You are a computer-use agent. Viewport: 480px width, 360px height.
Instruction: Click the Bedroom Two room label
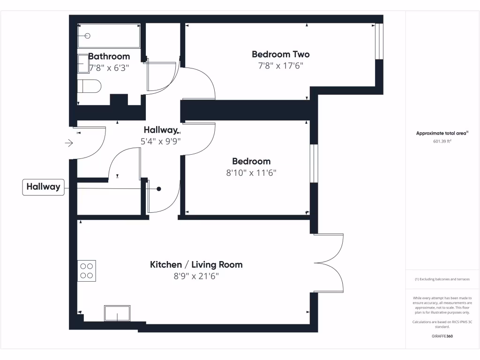point(280,54)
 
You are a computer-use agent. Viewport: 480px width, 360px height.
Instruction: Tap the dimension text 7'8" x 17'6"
point(280,66)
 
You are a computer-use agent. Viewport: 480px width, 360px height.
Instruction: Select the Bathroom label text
point(109,56)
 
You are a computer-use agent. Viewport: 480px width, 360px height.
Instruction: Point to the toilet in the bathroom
point(90,86)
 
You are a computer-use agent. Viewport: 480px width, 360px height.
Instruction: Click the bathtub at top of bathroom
point(109,36)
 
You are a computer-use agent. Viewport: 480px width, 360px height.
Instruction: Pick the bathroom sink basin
point(83,63)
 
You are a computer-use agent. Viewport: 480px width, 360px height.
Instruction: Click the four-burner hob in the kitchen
point(87,271)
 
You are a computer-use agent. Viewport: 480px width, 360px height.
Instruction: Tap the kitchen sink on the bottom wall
point(117,313)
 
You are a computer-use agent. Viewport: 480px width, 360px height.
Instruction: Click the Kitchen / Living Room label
point(196,265)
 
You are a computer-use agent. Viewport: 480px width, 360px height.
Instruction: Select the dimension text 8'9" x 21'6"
point(196,277)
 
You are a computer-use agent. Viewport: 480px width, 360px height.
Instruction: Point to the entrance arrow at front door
point(69,143)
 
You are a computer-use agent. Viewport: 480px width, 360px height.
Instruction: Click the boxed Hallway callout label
point(43,187)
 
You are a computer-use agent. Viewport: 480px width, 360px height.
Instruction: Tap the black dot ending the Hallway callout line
point(159,189)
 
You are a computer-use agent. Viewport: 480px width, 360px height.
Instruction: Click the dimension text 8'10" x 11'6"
point(251,173)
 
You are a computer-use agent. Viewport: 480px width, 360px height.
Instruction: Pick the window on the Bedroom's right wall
point(314,164)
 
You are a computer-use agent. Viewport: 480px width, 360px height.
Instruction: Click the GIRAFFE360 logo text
point(442,336)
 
